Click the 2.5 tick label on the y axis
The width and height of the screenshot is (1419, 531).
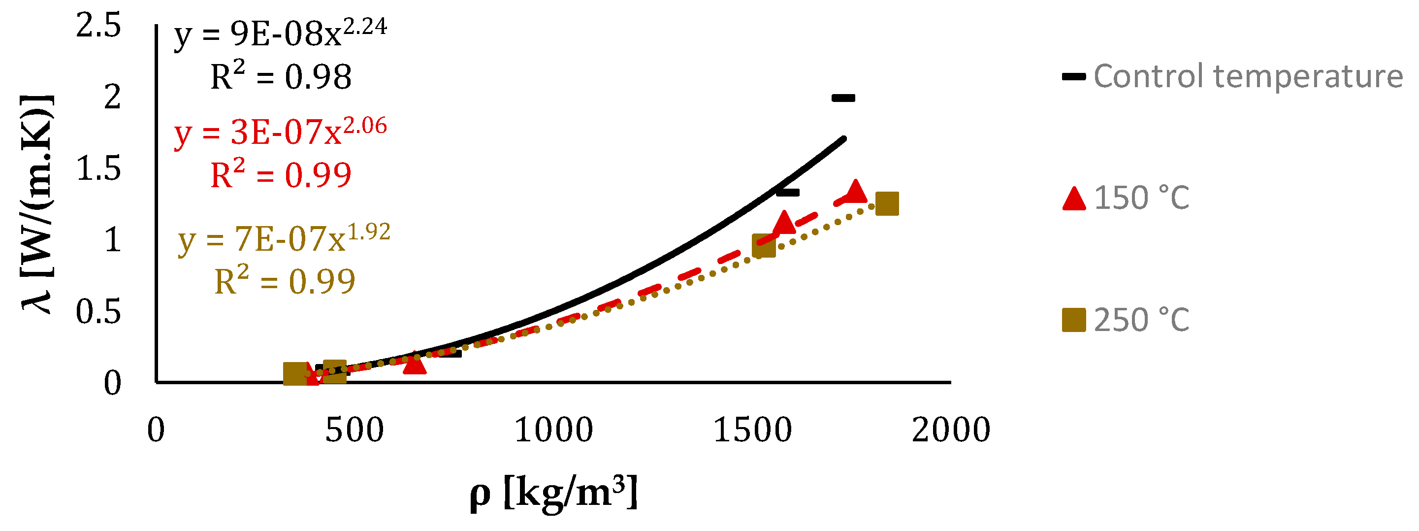click(98, 26)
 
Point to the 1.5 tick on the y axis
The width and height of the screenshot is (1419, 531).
click(98, 168)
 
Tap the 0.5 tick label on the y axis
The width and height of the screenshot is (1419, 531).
click(98, 312)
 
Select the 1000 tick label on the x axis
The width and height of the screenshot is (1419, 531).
click(553, 430)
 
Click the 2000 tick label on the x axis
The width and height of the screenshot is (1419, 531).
click(951, 430)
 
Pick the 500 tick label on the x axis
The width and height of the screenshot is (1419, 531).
click(354, 430)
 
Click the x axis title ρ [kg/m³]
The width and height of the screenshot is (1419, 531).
click(553, 492)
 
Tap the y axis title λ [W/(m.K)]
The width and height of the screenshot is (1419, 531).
click(37, 204)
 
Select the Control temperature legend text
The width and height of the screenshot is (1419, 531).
click(1248, 76)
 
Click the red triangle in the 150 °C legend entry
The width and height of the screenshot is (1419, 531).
click(1074, 199)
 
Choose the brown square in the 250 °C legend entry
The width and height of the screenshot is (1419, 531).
click(1074, 320)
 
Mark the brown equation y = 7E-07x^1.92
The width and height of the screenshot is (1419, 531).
click(284, 239)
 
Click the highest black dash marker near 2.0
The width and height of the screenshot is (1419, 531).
click(843, 98)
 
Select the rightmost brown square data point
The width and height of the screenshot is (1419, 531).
click(887, 203)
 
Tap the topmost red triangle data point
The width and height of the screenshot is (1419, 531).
click(855, 192)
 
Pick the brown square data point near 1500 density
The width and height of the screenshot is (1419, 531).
click(764, 246)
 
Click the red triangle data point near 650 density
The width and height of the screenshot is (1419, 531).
click(414, 364)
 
